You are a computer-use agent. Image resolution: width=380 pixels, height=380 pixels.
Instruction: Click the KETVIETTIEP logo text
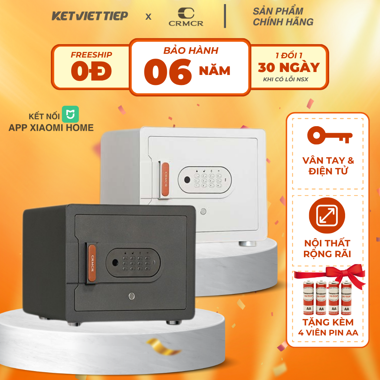[90, 16]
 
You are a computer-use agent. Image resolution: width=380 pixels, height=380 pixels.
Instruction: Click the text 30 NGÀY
[289, 68]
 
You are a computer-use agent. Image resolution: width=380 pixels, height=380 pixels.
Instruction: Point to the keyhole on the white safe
[203, 212]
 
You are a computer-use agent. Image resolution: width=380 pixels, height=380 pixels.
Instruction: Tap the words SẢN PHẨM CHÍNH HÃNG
[283, 16]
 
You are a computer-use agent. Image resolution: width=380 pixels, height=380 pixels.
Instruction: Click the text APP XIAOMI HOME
[51, 128]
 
